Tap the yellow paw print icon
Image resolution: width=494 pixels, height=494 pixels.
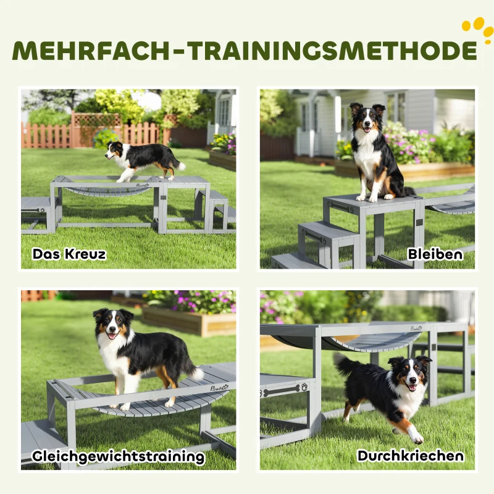pyautogui.click(x=477, y=28)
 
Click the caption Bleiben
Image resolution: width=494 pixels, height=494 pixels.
pyautogui.click(x=435, y=254)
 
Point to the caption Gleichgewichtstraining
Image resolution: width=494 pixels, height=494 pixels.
pyautogui.click(x=119, y=456)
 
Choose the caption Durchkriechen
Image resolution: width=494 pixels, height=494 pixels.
pyautogui.click(x=410, y=456)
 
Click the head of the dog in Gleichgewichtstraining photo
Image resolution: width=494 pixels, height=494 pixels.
pyautogui.click(x=112, y=324)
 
